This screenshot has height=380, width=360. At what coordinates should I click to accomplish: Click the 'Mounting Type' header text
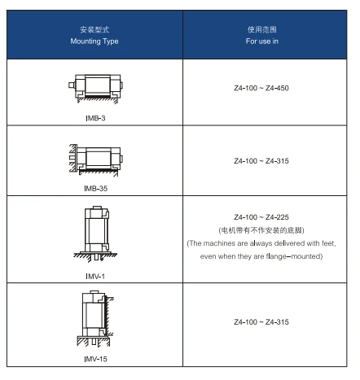point(94,41)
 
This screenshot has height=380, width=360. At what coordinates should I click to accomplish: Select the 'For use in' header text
point(262,41)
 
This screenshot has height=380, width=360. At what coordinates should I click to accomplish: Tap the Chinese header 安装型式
point(94,29)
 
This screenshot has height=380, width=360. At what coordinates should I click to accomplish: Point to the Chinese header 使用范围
point(262,29)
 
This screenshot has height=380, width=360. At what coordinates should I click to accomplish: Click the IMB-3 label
point(95,118)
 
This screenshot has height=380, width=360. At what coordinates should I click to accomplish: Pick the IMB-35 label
point(95,188)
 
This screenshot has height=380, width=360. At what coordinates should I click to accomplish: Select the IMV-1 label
point(95,276)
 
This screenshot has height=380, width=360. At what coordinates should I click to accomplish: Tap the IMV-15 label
point(95,359)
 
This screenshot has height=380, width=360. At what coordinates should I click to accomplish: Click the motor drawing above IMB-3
point(95,89)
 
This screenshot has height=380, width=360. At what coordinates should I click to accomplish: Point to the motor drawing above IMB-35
point(96,160)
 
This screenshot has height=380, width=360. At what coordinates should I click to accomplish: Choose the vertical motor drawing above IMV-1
point(95,234)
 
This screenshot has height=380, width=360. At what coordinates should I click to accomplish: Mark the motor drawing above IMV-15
point(95,319)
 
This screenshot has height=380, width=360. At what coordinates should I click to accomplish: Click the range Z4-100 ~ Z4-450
point(261,88)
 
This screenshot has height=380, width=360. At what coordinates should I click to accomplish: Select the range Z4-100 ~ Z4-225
point(261,217)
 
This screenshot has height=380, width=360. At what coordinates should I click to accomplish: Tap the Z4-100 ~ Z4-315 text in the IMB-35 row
point(261,161)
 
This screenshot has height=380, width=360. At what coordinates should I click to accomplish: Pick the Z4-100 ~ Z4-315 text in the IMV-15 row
point(261,322)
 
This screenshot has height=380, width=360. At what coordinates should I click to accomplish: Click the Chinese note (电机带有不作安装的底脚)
point(261,230)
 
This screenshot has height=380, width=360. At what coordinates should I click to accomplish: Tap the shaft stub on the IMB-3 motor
point(72,85)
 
